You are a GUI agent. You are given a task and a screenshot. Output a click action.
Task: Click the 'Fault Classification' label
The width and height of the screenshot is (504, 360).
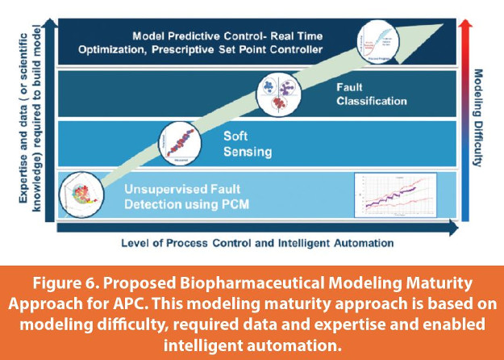point(370,94)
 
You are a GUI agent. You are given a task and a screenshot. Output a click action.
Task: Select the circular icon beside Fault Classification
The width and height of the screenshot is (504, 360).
point(277,95)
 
